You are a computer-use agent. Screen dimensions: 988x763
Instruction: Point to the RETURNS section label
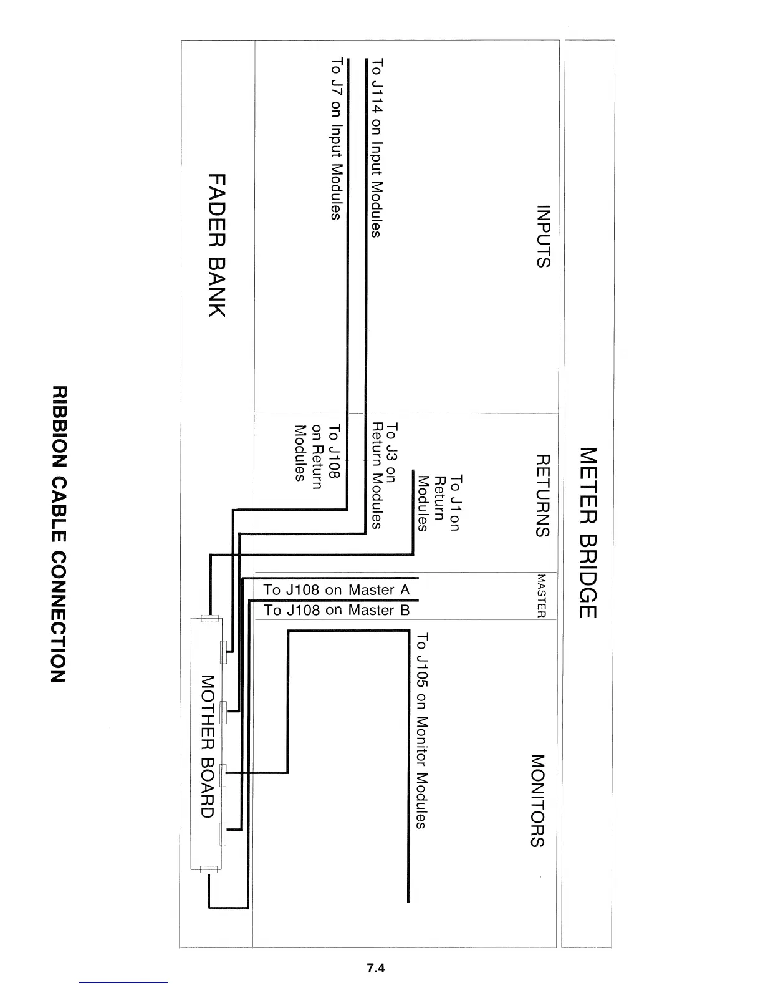pos(543,495)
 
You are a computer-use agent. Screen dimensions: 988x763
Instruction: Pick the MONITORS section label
pos(537,800)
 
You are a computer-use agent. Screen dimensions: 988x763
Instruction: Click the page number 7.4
pos(376,967)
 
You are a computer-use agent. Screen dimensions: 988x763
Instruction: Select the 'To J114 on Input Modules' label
pos(376,148)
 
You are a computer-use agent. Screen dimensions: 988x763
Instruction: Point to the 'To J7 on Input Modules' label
pos(336,138)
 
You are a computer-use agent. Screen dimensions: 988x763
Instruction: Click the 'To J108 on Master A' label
pos(336,590)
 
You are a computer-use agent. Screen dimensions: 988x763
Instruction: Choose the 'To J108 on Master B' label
pos(337,610)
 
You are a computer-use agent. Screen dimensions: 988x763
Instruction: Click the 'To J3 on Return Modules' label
pos(383,476)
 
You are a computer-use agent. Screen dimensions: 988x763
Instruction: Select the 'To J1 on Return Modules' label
pos(439,503)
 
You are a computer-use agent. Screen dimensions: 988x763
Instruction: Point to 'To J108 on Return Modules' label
pos(317,452)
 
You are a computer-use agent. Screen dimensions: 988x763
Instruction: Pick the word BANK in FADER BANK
pos(216,288)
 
